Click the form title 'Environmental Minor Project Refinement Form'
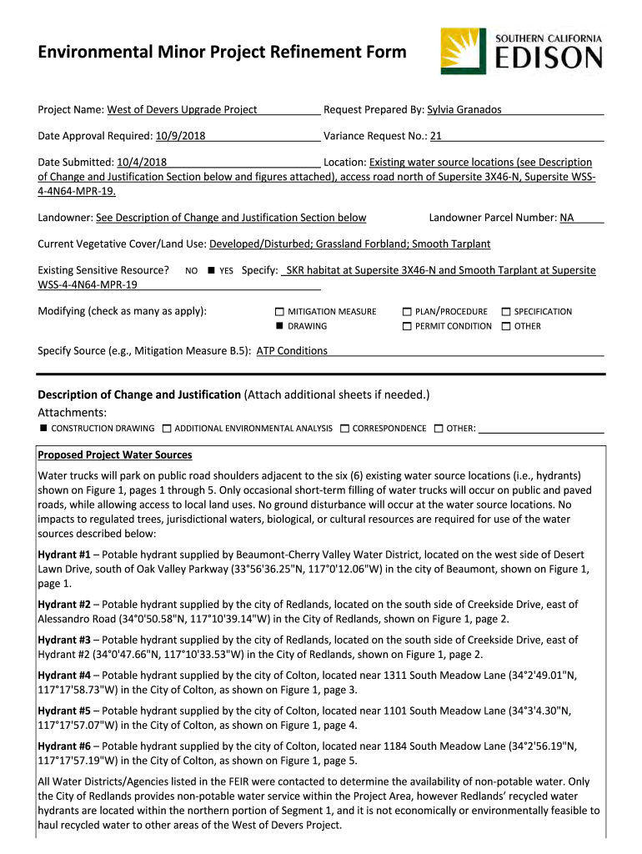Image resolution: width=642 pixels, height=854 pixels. [x=210, y=53]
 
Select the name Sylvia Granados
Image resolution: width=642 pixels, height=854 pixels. [x=464, y=110]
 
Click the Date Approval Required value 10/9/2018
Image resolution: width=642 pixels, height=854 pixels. [x=181, y=136]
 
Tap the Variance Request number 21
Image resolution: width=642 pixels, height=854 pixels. [x=436, y=136]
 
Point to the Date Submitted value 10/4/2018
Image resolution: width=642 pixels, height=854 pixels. [x=142, y=162]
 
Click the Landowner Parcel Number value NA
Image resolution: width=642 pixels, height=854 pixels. [x=567, y=218]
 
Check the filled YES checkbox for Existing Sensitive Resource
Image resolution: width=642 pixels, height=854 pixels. [x=212, y=271]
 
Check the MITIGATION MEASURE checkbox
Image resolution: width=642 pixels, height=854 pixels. [x=279, y=312]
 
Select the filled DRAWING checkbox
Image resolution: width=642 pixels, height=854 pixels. [x=279, y=326]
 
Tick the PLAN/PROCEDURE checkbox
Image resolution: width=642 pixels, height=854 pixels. [x=407, y=312]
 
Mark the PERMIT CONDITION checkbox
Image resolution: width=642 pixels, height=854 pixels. [x=407, y=326]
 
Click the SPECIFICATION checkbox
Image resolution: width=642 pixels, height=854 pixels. [x=505, y=312]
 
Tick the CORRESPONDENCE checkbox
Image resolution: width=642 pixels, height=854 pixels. [x=344, y=428]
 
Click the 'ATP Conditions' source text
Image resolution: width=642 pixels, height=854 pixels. [x=292, y=351]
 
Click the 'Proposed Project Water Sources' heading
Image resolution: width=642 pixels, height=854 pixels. [x=115, y=455]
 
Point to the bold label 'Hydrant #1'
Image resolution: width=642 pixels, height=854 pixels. [x=64, y=555]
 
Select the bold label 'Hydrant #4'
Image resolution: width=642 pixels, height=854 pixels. [x=64, y=676]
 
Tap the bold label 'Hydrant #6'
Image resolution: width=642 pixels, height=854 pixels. [x=64, y=746]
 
